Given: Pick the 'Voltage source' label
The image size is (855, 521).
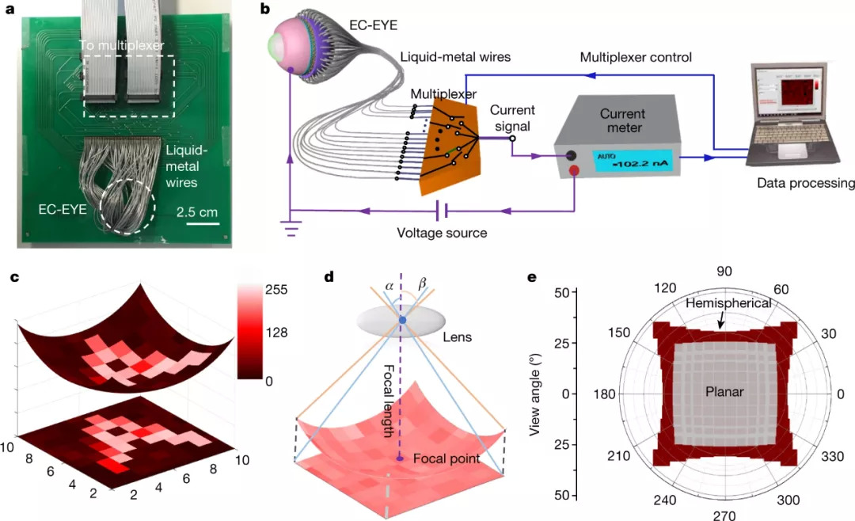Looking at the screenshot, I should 442,234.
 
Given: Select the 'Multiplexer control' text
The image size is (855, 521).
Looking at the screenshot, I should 636,57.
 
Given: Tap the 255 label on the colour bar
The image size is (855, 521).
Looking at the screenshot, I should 276,290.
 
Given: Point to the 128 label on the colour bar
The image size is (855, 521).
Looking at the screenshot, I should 276,335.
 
